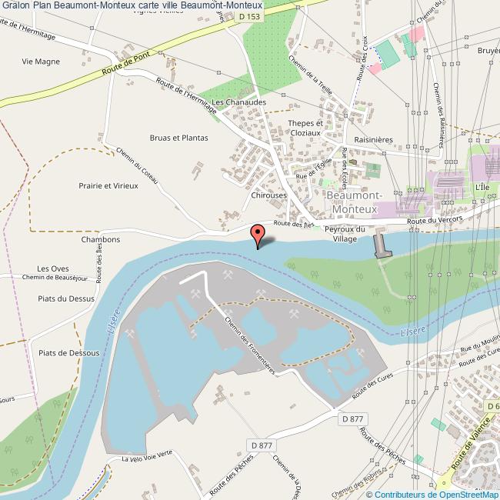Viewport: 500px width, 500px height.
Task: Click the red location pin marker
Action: coord(258,232)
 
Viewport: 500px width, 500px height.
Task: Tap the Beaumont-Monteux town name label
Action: coord(353,202)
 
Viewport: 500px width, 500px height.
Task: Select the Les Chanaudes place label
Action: coord(239,102)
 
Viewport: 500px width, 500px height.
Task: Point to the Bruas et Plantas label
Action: coord(178,138)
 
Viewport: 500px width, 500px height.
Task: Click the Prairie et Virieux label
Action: coord(108,185)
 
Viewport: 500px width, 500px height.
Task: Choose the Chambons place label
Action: coord(100,239)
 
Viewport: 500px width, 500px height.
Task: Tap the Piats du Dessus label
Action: coord(65,298)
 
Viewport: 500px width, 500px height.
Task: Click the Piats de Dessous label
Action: coord(69,352)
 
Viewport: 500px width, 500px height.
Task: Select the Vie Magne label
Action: coord(40,59)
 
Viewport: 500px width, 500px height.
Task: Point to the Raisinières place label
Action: coord(372,140)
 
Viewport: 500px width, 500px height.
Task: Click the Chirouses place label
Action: coord(268,195)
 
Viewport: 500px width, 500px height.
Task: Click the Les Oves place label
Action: coord(53,268)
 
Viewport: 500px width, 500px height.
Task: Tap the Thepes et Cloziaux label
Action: coord(305,128)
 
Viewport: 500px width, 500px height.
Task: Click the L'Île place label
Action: coord(482,187)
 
